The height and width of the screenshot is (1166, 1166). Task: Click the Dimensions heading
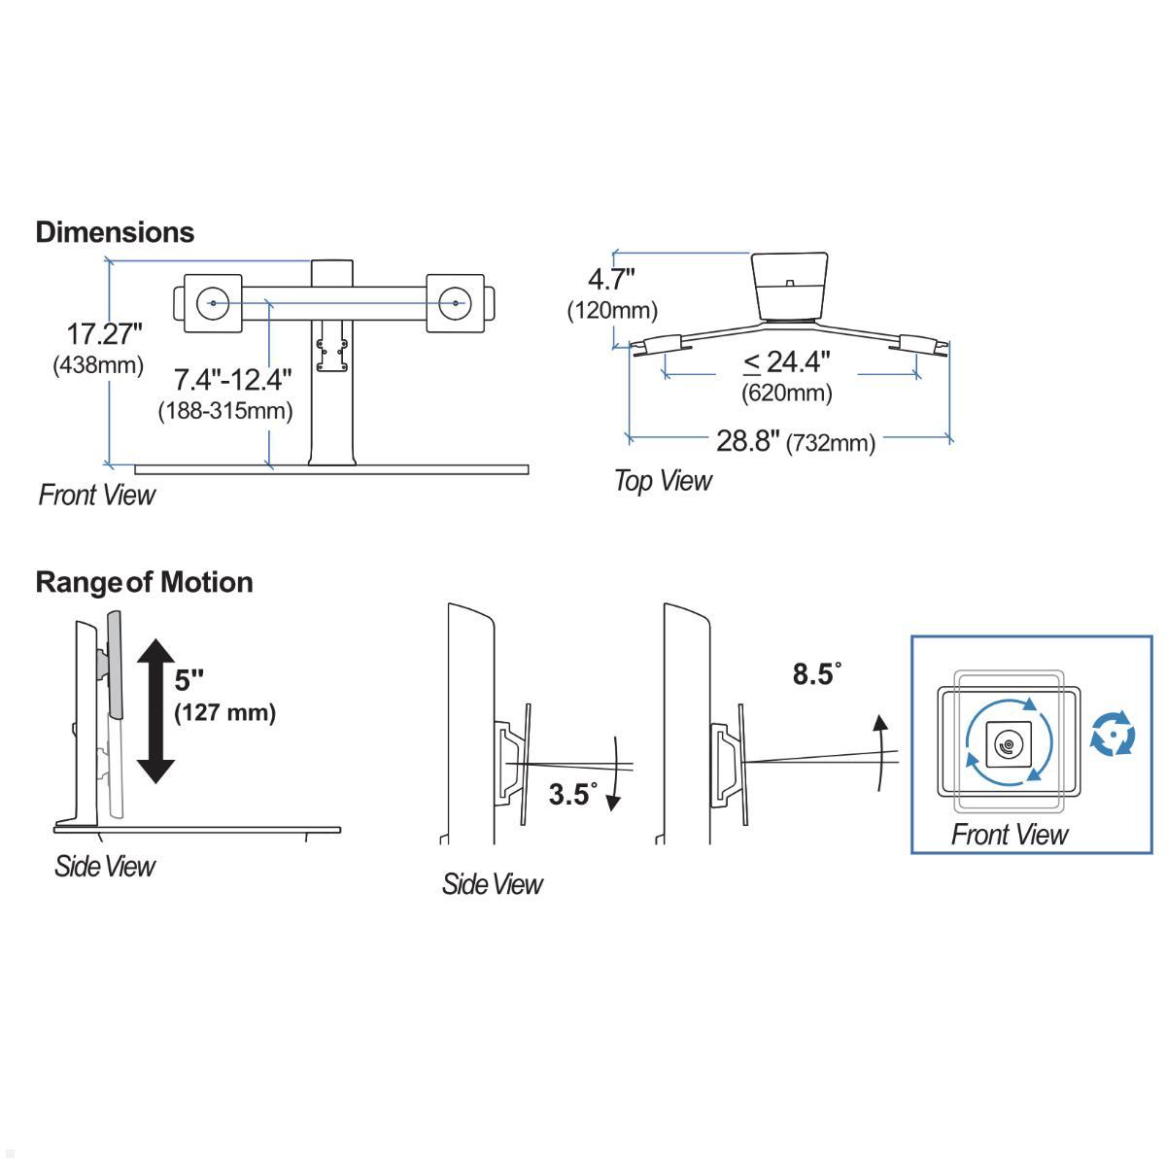pos(115,232)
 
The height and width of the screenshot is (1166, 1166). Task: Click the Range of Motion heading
pos(144,582)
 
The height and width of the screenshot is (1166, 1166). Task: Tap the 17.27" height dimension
pos(104,334)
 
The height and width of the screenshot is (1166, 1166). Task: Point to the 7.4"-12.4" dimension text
pos(233,378)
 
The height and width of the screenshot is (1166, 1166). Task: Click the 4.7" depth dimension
pos(611,280)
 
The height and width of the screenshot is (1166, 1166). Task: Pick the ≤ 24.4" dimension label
pos(787,362)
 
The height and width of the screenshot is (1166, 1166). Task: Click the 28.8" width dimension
pos(748,441)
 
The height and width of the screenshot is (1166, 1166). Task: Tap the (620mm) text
pos(787,393)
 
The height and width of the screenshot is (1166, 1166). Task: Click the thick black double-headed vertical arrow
pos(154,710)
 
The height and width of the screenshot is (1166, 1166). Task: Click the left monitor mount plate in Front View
pos(212,304)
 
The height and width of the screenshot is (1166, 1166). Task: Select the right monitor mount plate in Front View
pos(454,304)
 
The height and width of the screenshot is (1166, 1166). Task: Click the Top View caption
pos(663,481)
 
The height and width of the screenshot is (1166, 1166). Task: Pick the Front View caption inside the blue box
pos(1009,835)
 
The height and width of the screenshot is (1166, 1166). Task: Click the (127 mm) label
pos(224,712)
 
